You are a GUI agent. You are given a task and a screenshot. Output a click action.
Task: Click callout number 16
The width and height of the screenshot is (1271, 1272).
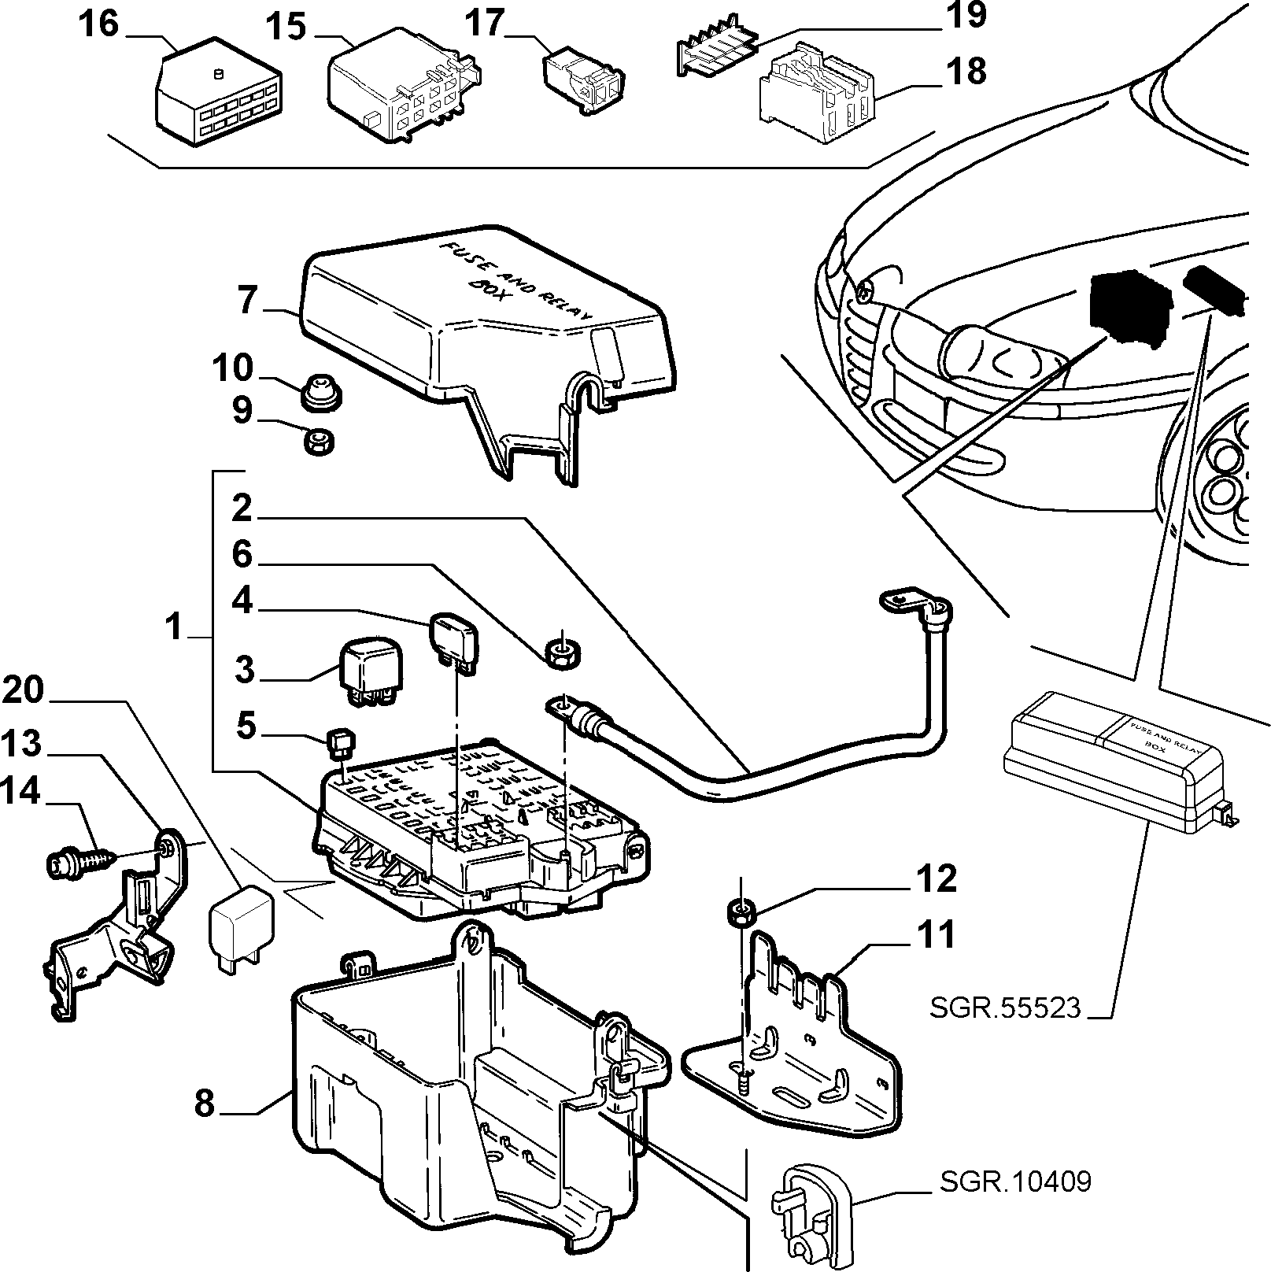pos(98,24)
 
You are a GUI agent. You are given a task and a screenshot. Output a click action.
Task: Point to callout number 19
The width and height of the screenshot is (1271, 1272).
pos(966,17)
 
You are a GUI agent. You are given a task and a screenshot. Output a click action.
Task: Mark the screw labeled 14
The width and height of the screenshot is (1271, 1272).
pos(79,860)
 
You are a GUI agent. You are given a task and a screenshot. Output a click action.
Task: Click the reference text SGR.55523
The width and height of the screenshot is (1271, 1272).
pos(1006,1008)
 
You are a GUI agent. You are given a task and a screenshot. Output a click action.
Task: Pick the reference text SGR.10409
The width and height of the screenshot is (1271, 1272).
pos(1015,1182)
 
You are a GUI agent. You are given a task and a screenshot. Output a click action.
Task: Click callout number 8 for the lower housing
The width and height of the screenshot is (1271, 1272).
pos(204,1103)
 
